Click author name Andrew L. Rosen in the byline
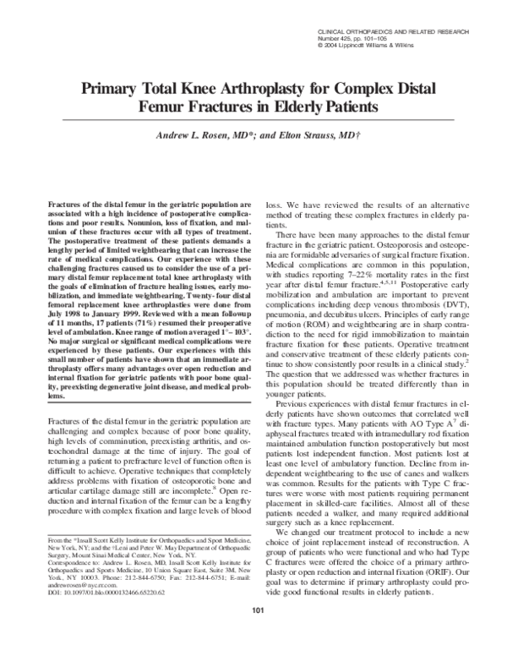point(194,135)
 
